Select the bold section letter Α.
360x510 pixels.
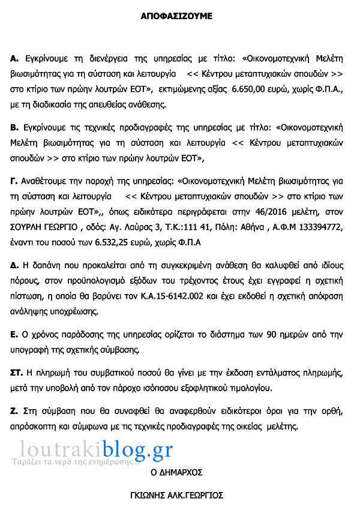click(x=14, y=58)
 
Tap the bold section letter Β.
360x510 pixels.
click(x=14, y=127)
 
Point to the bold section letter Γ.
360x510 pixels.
click(x=14, y=180)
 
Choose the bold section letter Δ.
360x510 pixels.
click(x=14, y=265)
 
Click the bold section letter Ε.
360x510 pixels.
click(x=14, y=334)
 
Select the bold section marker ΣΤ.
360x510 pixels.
click(x=16, y=373)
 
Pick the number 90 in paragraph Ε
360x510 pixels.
click(x=254, y=334)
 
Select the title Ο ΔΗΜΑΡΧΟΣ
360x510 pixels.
click(x=176, y=472)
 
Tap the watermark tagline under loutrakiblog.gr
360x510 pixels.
click(x=76, y=462)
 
